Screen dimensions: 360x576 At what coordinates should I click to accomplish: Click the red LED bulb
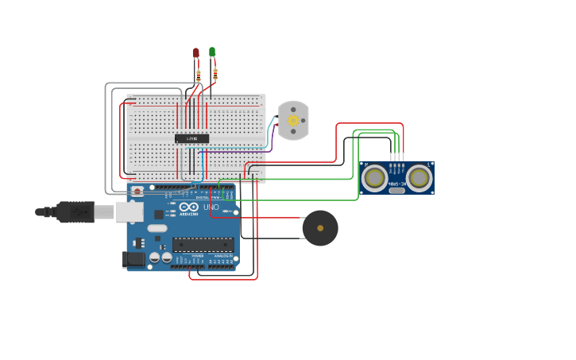196,53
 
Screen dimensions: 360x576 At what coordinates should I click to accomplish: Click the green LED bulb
212,52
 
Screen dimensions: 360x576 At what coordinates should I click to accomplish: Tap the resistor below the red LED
199,76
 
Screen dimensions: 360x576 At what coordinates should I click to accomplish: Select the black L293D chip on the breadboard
191,138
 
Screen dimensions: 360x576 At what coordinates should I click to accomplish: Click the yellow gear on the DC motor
293,121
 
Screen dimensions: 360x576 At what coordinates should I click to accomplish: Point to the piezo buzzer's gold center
320,228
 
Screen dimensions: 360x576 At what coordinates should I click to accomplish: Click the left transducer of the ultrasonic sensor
374,177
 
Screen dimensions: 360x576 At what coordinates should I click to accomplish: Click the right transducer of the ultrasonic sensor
419,177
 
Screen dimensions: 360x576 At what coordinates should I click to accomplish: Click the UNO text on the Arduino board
211,207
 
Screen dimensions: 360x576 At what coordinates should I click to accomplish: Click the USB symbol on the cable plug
77,211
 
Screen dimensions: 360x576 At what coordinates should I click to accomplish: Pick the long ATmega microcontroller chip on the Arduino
203,245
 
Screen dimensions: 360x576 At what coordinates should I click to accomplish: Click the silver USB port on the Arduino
130,211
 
